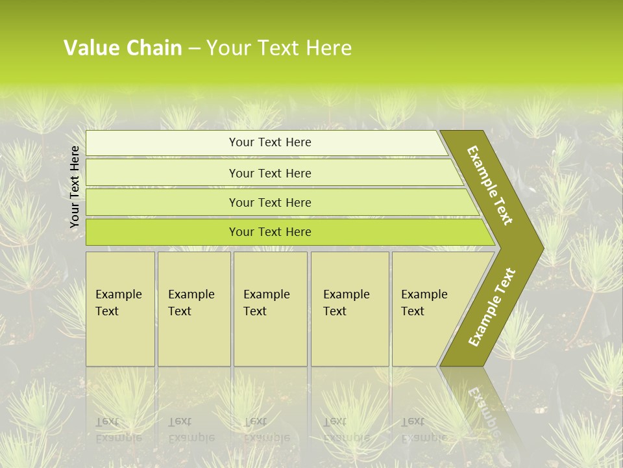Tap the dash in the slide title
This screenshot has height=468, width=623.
pos(194,49)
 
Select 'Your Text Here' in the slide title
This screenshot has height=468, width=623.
pos(279,48)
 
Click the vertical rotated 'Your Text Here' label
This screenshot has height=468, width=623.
pos(75,187)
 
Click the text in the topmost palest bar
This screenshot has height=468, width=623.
pos(270,142)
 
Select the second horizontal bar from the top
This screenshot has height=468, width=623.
pos(270,173)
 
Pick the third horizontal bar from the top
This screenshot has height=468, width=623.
pos(270,202)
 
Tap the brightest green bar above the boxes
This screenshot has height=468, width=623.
pos(270,232)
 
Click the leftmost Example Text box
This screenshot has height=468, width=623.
pos(120,309)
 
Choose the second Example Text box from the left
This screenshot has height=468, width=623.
pos(194,309)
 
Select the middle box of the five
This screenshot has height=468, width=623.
pos(270,309)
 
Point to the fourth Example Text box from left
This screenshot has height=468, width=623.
pos(350,309)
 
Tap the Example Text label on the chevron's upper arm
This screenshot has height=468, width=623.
pos(490,185)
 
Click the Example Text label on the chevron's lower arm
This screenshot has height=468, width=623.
pos(492,307)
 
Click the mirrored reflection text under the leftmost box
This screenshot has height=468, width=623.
pos(119,430)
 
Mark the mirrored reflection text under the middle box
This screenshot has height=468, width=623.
pos(266,430)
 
